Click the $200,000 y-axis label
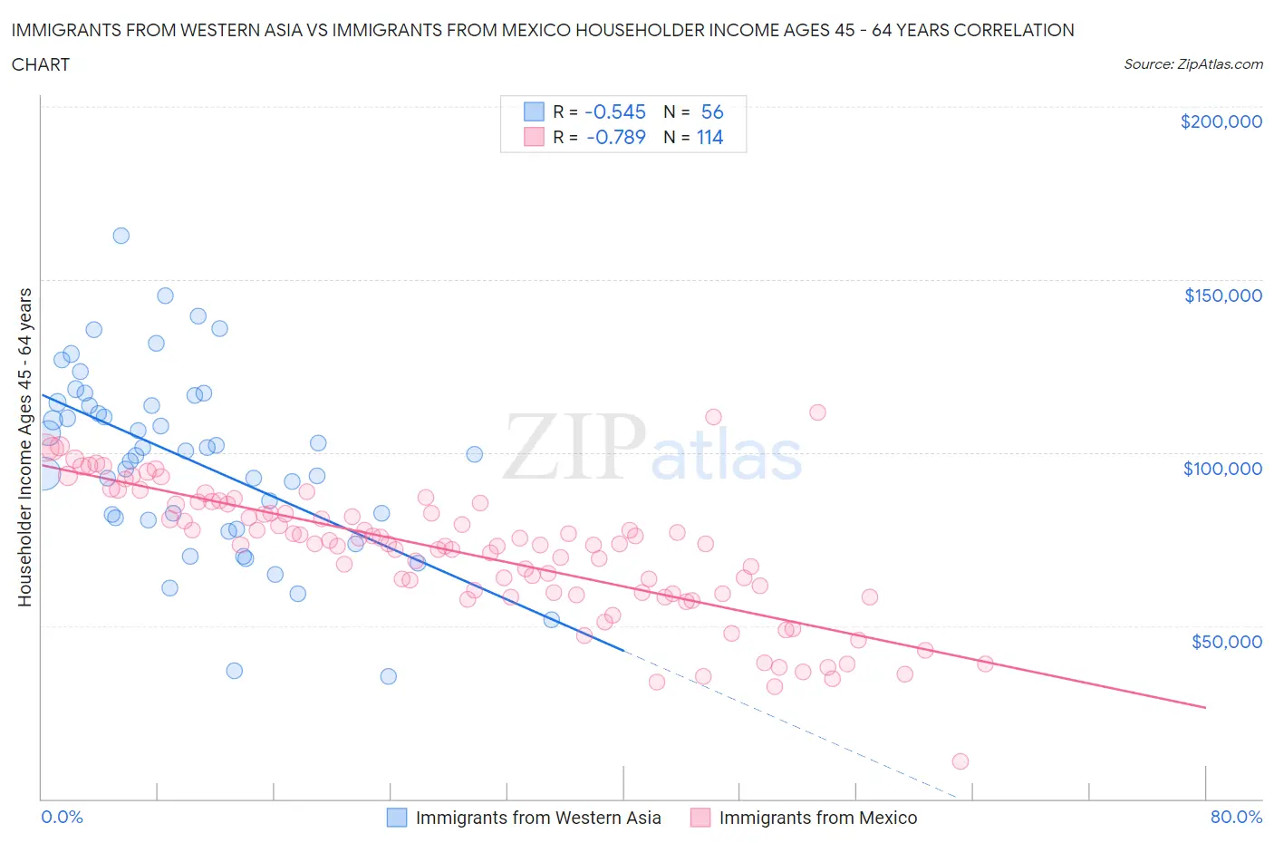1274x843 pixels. click(1221, 121)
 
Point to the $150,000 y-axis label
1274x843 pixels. click(1222, 296)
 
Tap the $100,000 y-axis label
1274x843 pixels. click(1222, 469)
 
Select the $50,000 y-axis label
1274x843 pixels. click(1226, 642)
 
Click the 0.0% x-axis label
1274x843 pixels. click(62, 817)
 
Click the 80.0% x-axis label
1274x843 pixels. click(1236, 817)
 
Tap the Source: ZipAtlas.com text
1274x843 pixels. click(1192, 64)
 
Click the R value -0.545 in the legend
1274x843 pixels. click(615, 111)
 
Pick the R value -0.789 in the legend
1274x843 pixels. click(615, 137)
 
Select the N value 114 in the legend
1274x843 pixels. click(709, 137)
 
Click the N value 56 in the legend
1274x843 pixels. click(712, 111)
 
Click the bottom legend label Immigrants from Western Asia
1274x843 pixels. click(537, 818)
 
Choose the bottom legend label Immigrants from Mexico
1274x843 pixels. click(817, 818)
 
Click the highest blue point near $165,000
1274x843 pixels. click(121, 236)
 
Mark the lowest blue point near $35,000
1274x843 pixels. click(388, 676)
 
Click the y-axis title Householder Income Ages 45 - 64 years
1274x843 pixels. click(25, 447)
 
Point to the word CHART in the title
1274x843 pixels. click(41, 64)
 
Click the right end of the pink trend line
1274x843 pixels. click(1205, 707)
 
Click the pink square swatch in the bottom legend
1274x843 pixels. click(700, 818)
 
